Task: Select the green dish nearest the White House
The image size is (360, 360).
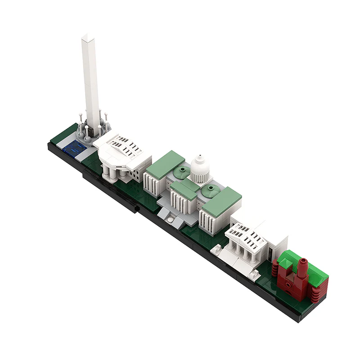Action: point(182,171)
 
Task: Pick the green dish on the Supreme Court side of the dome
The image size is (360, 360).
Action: point(210,191)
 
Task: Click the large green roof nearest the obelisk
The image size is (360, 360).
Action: point(165,164)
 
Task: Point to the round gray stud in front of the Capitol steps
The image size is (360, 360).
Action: point(171,219)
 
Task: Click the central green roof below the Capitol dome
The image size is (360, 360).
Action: point(184,189)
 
